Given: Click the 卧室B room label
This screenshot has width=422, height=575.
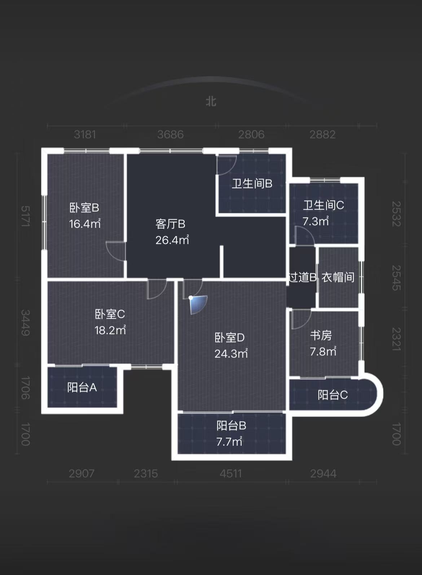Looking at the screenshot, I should click(84, 208).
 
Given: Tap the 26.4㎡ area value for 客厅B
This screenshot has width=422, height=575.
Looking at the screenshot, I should click(172, 240).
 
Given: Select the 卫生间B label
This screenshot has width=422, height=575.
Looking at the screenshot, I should click(252, 184).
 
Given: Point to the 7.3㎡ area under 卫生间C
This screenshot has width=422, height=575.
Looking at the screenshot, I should click(316, 221).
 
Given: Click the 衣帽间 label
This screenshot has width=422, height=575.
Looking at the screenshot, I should click(338, 277).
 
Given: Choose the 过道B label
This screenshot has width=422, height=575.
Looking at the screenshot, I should click(302, 277).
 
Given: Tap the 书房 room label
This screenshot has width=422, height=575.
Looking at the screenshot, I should click(321, 335).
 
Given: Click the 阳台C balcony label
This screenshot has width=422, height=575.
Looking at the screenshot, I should click(333, 395).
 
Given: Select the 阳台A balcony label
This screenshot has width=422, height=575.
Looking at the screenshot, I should click(82, 387).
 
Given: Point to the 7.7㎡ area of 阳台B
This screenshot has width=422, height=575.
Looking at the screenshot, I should click(229, 442).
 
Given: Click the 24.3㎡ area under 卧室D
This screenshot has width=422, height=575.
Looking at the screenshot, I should click(231, 354).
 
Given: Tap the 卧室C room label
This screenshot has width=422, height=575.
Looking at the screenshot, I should click(110, 314).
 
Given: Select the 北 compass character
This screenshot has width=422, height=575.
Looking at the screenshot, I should click(211, 101).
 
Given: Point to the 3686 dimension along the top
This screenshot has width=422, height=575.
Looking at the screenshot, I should click(170, 135).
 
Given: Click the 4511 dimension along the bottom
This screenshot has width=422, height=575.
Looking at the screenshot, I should click(231, 473).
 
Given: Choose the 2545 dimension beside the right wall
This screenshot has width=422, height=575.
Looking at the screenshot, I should click(396, 278).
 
